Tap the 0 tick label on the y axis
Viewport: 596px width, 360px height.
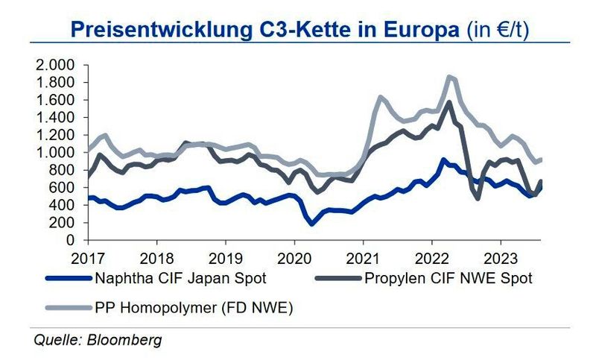[x=72, y=241]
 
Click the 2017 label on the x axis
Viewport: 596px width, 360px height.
[x=88, y=259]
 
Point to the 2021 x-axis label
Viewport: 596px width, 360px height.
[x=363, y=259]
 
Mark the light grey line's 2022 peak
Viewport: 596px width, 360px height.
[x=449, y=76]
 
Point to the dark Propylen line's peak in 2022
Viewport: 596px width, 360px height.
[x=448, y=102]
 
